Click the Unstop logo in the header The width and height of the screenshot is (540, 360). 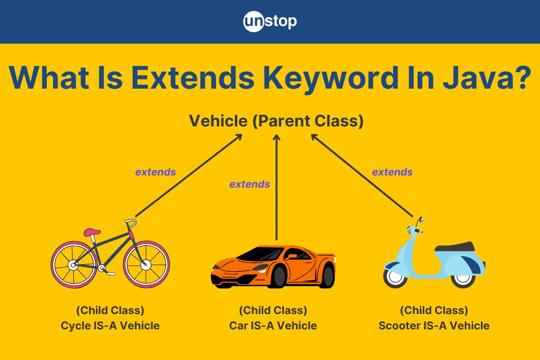270,22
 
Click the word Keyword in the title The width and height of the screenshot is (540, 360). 331,78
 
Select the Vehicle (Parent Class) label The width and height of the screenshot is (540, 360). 276,121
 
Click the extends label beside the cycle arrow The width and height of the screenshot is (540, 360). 156,172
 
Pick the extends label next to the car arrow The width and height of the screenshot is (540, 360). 249,184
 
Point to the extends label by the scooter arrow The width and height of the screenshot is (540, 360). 392,172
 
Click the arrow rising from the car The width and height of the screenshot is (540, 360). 276,187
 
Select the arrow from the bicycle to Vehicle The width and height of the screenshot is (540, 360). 189,175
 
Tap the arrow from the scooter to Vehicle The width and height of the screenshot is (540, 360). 362,175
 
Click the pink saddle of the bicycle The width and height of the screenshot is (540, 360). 92,232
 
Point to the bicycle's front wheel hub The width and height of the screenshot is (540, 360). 146,265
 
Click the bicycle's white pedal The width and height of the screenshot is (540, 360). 112,274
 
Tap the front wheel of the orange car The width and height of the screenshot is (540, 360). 279,277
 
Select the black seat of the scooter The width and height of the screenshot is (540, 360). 454,247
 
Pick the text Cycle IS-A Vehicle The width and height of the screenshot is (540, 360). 110,325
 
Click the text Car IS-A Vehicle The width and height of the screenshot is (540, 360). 273,325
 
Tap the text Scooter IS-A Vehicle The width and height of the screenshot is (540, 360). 434,325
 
